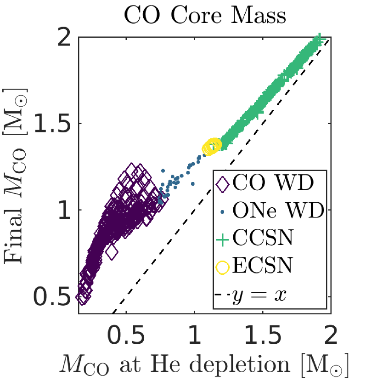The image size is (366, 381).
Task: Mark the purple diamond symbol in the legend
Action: click(223, 183)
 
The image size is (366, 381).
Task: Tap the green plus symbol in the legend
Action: click(223, 239)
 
